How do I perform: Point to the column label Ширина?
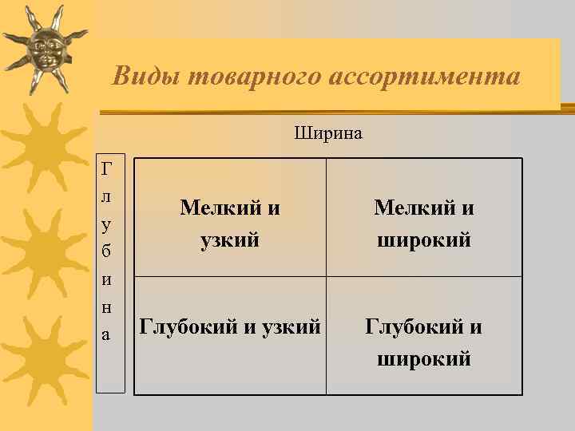(328, 132)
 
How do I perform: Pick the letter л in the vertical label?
(107, 195)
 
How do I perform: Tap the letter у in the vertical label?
(107, 223)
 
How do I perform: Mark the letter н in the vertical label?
(107, 307)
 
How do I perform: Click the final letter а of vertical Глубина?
(107, 334)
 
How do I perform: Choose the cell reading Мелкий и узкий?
(230, 223)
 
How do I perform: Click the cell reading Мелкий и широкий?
(424, 223)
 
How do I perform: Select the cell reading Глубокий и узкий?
(230, 326)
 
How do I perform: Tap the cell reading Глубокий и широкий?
(424, 342)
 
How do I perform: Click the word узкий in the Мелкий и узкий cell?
(230, 239)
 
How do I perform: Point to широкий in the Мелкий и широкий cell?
(424, 239)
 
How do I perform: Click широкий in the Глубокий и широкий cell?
(424, 358)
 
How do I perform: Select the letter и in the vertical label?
(107, 279)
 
